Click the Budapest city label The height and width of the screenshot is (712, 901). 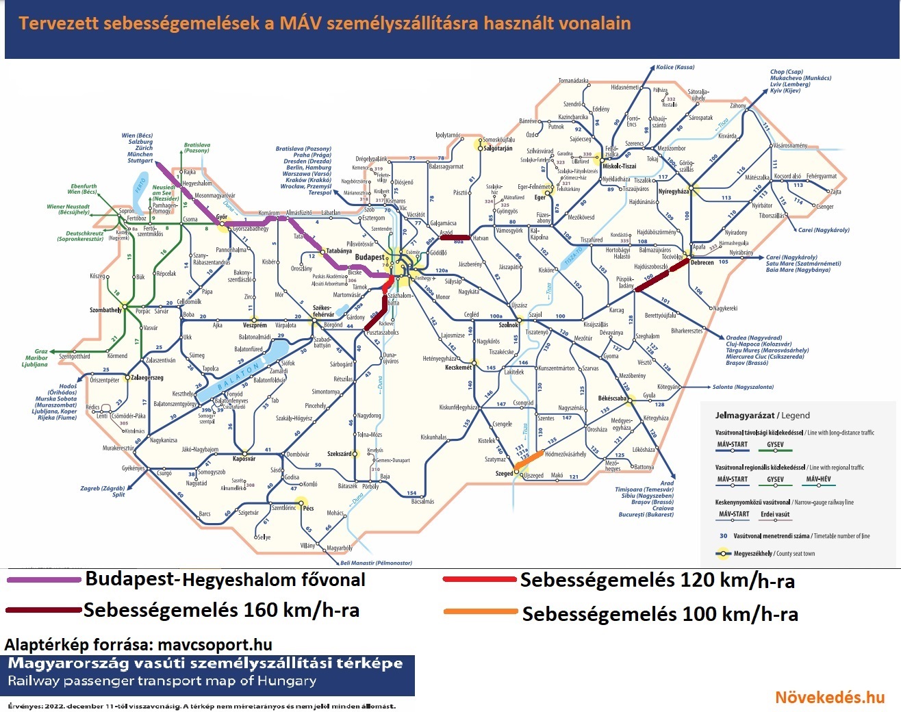[370, 257]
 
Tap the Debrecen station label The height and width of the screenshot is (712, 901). [702, 263]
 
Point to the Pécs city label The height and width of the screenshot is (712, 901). [308, 508]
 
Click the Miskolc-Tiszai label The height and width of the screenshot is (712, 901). [620, 166]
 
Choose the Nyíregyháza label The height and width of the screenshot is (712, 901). [674, 192]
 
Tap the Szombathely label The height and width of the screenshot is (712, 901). [105, 310]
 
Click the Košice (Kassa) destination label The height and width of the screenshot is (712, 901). [675, 67]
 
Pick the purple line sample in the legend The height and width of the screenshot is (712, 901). [44, 580]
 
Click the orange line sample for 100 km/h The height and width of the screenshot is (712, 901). [480, 612]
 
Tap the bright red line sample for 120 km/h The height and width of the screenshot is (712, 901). [479, 580]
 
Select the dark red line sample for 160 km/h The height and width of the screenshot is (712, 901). [44, 610]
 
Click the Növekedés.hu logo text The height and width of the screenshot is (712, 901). [830, 697]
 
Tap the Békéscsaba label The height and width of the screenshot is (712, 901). [612, 398]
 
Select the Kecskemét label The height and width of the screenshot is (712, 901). [458, 368]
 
